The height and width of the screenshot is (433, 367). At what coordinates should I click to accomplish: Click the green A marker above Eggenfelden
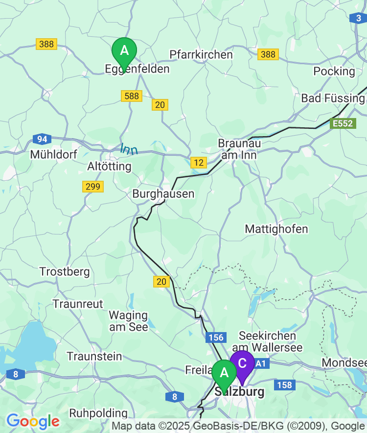tap(124, 51)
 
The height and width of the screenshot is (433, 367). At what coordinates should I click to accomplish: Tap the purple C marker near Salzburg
tap(242, 363)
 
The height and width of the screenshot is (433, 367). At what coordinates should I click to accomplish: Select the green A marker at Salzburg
tap(224, 373)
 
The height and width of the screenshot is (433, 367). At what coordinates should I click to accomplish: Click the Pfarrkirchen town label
tap(201, 54)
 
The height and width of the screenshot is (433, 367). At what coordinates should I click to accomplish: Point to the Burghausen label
tap(163, 194)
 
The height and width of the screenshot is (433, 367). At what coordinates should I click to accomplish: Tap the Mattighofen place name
tap(276, 229)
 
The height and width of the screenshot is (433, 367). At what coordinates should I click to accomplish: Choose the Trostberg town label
tap(65, 271)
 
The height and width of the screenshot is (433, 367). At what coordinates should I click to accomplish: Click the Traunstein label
tap(94, 356)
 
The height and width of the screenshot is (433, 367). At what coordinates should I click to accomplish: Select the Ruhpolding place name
tap(98, 413)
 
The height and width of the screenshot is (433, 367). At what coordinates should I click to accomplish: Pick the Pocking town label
tap(334, 71)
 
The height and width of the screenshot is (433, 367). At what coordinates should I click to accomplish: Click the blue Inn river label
tap(129, 148)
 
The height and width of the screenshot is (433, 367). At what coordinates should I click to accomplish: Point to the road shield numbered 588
tap(132, 96)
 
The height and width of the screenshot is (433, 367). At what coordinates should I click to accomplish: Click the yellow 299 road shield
tap(92, 187)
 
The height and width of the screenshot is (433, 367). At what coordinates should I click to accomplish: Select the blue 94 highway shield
tap(42, 139)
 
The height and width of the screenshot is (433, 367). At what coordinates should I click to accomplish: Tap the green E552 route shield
tap(342, 123)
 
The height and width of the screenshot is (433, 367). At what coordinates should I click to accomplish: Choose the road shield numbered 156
tap(215, 337)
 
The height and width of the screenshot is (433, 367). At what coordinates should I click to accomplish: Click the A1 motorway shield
tap(261, 363)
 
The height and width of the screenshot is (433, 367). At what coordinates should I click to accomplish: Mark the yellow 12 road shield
tap(199, 162)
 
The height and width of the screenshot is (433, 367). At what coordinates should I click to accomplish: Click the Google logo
tap(33, 421)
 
